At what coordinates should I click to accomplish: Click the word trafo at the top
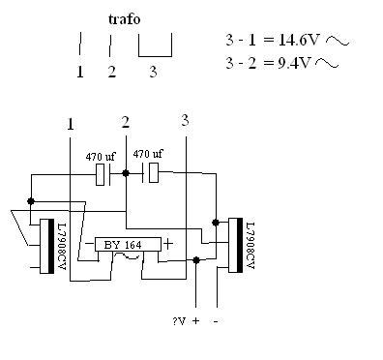click(125, 19)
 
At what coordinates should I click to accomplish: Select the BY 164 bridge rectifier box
click(128, 245)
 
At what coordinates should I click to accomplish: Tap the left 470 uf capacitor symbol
click(103, 174)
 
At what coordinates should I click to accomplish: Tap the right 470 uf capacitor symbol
click(151, 173)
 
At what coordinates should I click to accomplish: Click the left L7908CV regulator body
click(47, 247)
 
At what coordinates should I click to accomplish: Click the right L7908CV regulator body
click(235, 245)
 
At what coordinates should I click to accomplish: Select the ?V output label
click(179, 321)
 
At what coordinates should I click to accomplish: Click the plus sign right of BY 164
click(168, 244)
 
